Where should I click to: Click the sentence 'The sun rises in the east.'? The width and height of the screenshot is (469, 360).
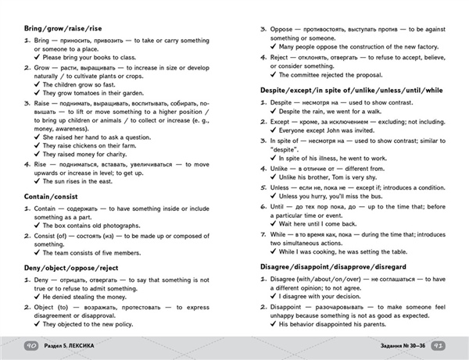click(87, 181)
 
